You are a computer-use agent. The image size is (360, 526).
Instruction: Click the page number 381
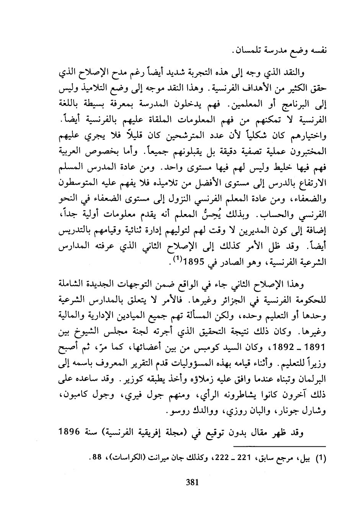pos(191,482)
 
